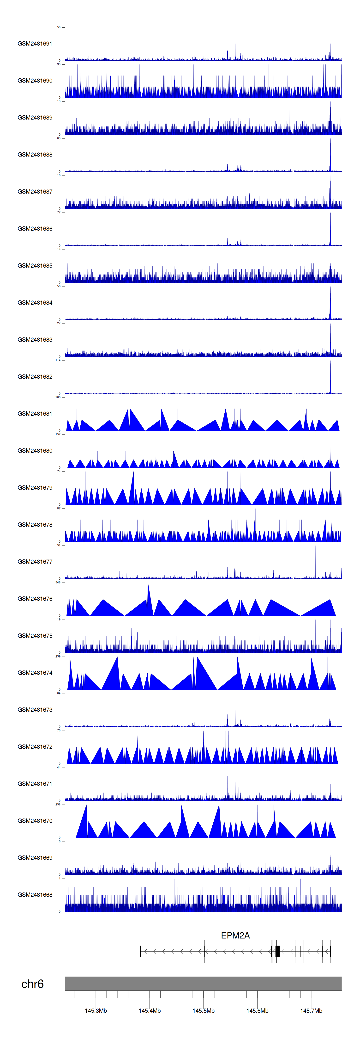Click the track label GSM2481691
[35, 44]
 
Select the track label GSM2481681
[35, 414]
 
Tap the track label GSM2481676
[35, 598]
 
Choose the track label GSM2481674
[35, 672]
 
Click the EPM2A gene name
[235, 935]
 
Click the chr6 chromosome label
[32, 984]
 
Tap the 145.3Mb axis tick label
[96, 1010]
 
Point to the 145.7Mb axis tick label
[311, 1010]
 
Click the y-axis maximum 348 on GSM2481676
[58, 582]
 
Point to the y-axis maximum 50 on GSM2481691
[59, 27]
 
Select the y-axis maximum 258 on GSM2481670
[58, 804]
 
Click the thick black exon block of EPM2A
[277, 951]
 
